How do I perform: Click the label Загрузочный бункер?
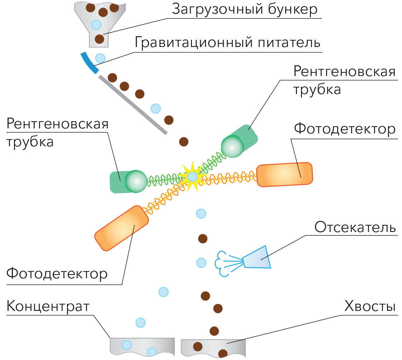point(245,10)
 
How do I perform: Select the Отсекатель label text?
point(355,227)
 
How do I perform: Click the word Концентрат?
point(48,307)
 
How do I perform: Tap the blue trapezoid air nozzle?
point(258,257)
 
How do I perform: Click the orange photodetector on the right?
point(284,175)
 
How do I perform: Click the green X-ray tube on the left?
point(128,181)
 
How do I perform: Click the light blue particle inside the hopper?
point(96,25)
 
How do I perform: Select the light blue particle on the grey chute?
point(155,108)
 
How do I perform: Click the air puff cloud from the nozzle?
point(222,264)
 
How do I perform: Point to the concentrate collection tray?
point(142,347)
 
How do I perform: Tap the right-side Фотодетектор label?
point(344,129)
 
